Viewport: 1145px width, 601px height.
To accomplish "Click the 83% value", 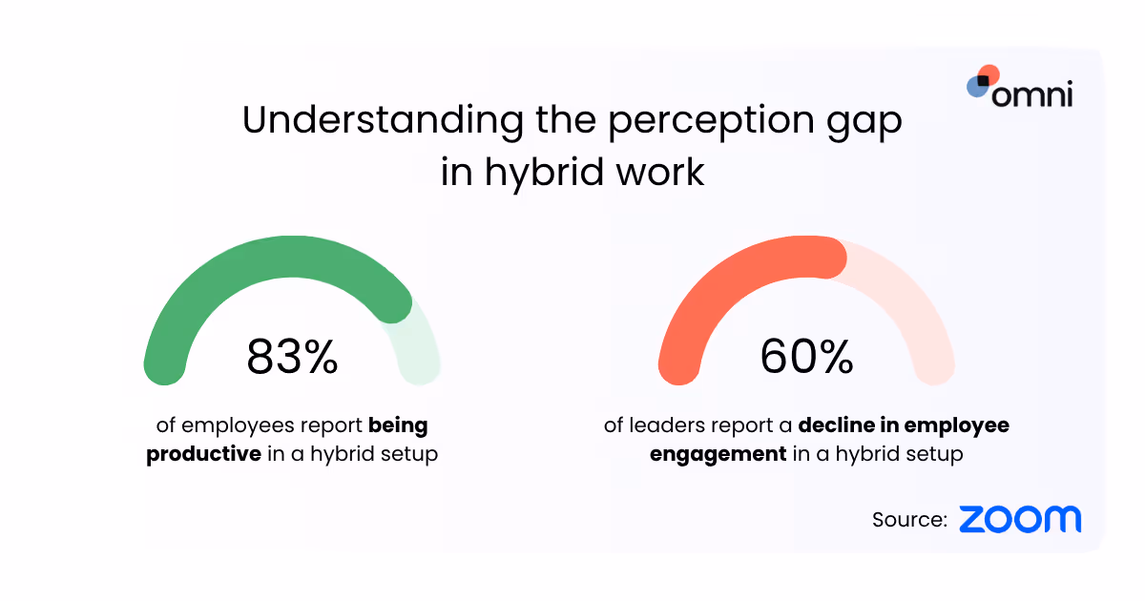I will click(x=292, y=357).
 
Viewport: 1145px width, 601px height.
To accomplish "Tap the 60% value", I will click(x=806, y=357).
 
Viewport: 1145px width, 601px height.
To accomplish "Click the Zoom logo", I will click(x=1020, y=520).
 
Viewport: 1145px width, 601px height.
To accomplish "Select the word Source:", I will click(x=909, y=520).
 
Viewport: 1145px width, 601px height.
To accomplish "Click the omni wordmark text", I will click(x=1032, y=94).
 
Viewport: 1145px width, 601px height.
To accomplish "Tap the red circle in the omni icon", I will click(x=989, y=74).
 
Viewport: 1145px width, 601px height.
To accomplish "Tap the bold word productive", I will click(x=203, y=454).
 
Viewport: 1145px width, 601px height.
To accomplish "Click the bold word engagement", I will click(x=718, y=454).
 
